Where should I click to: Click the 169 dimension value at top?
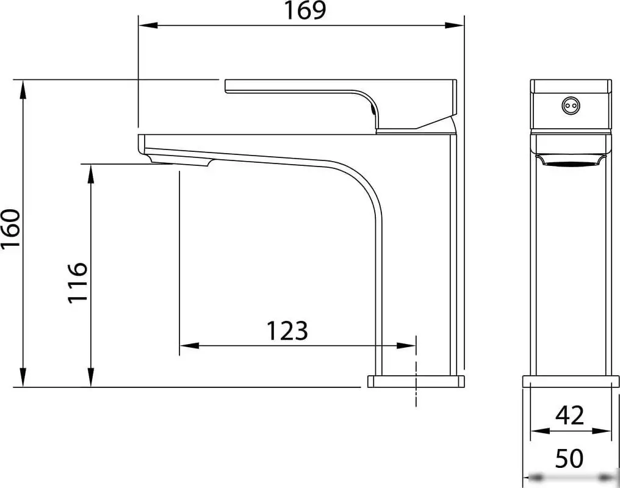point(306,10)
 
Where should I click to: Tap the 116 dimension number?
point(77,282)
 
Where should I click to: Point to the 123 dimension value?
point(287,331)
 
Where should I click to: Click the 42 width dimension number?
point(570,415)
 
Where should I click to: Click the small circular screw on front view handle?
point(570,106)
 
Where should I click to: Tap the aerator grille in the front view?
point(570,161)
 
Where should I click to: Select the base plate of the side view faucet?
point(416,382)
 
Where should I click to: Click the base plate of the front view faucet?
point(570,382)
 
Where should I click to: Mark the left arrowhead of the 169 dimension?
point(147,26)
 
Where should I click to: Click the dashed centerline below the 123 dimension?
point(416,390)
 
